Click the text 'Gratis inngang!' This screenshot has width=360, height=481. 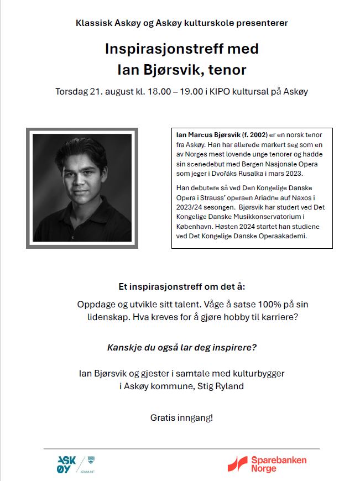point(181,417)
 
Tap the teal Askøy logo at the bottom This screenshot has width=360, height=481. point(67,463)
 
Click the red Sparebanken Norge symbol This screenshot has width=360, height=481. point(239,463)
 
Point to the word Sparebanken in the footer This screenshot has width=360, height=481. point(279,460)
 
